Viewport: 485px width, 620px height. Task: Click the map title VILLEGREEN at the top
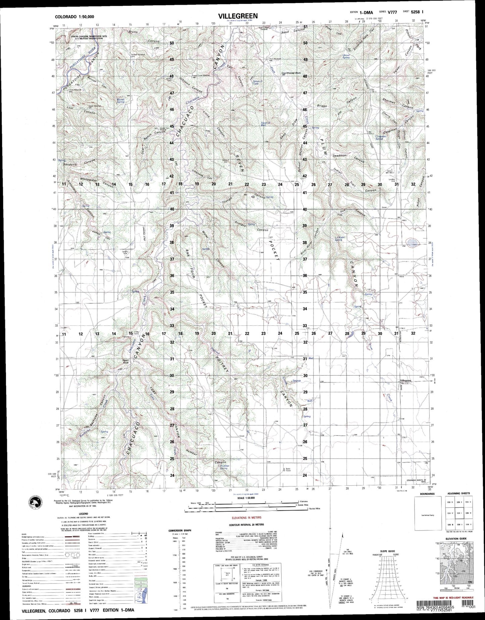[238, 16]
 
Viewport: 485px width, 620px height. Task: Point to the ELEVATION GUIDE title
[456, 539]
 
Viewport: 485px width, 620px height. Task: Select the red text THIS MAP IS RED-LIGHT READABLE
[453, 598]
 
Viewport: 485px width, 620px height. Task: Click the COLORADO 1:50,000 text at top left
[75, 16]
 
